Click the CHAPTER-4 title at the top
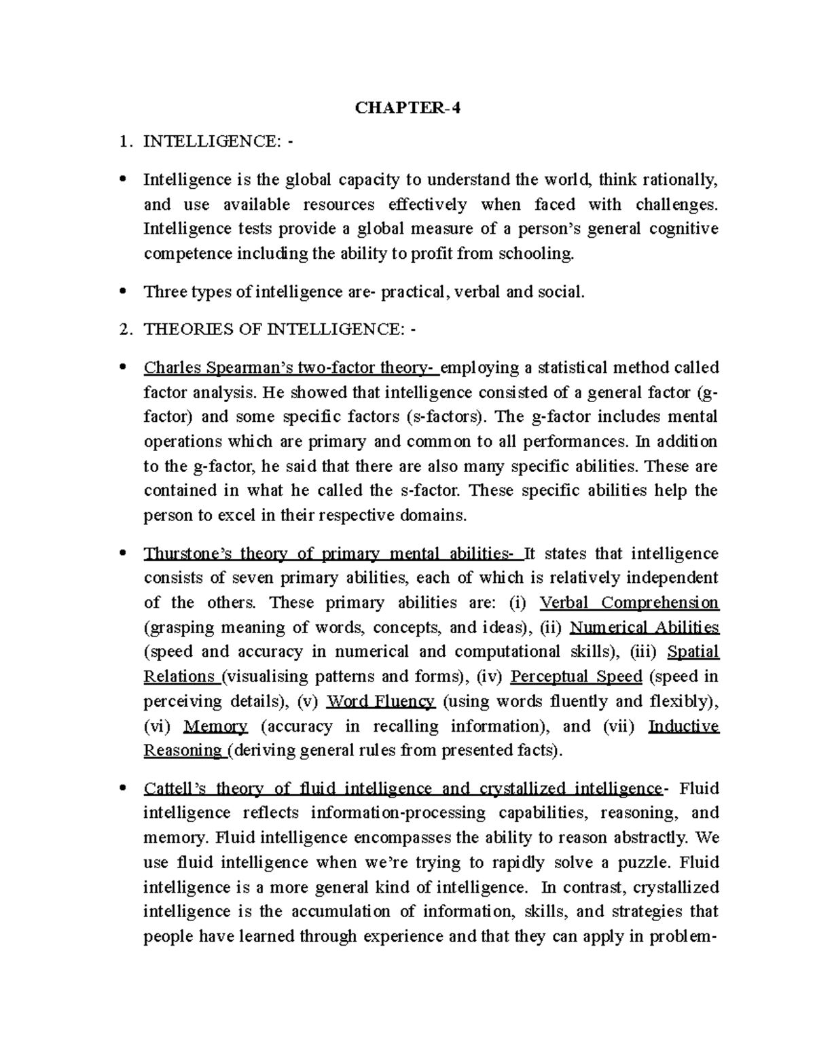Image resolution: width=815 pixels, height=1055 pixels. click(x=408, y=108)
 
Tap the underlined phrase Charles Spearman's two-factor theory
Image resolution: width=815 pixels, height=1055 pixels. click(x=291, y=368)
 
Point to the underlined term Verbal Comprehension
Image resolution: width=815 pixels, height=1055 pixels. click(x=628, y=603)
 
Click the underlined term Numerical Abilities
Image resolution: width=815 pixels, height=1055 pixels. click(x=644, y=627)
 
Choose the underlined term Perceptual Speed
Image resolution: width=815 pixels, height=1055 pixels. click(x=576, y=677)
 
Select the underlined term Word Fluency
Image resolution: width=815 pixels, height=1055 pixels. click(x=380, y=701)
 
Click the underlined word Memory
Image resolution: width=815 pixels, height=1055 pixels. click(x=215, y=726)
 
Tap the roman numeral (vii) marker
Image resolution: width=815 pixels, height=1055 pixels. click(x=618, y=726)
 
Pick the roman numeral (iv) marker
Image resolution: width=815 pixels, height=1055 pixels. click(x=488, y=677)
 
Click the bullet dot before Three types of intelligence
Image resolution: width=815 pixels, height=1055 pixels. click(x=122, y=292)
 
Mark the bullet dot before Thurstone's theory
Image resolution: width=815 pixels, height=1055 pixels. click(x=122, y=554)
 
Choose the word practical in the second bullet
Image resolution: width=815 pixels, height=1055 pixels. click(x=415, y=292)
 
